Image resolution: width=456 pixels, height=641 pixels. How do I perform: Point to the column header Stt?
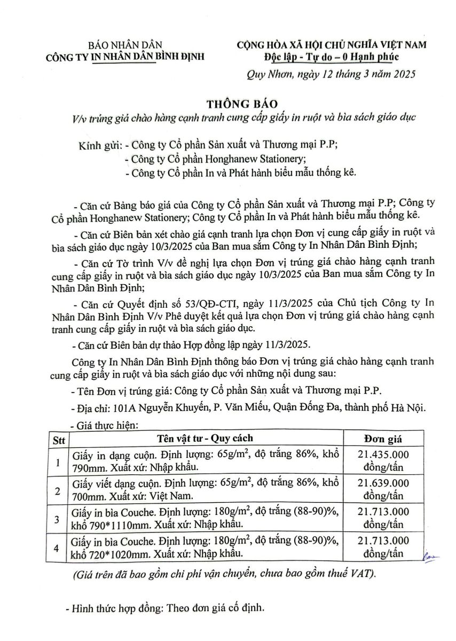tap(58, 440)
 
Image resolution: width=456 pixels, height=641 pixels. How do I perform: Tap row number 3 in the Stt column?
tap(58, 518)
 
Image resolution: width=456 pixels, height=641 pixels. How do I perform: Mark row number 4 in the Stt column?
tap(58, 548)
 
